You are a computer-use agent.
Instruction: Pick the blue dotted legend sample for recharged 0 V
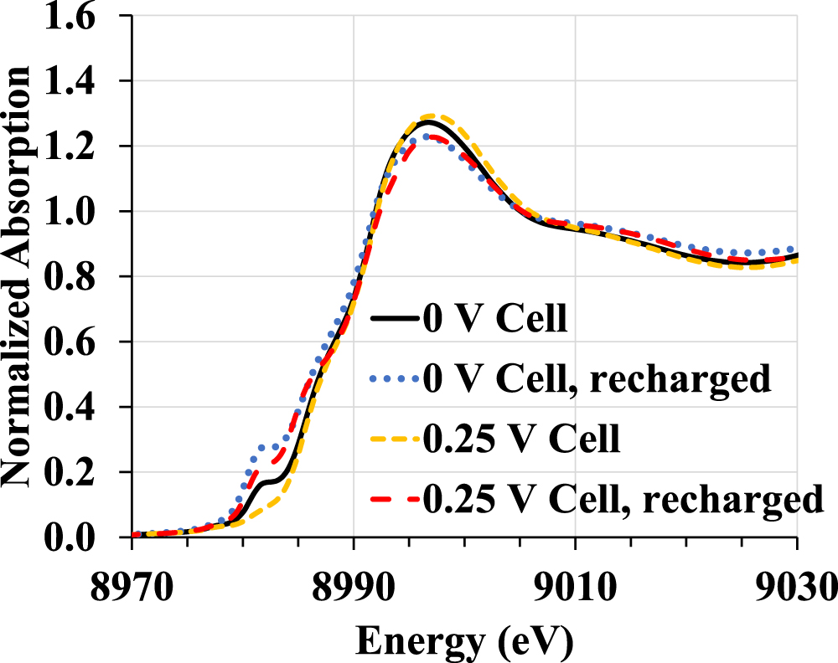(x=395, y=380)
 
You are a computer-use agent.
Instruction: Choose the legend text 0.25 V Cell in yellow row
(x=524, y=439)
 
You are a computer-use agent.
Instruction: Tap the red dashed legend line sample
(x=395, y=499)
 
